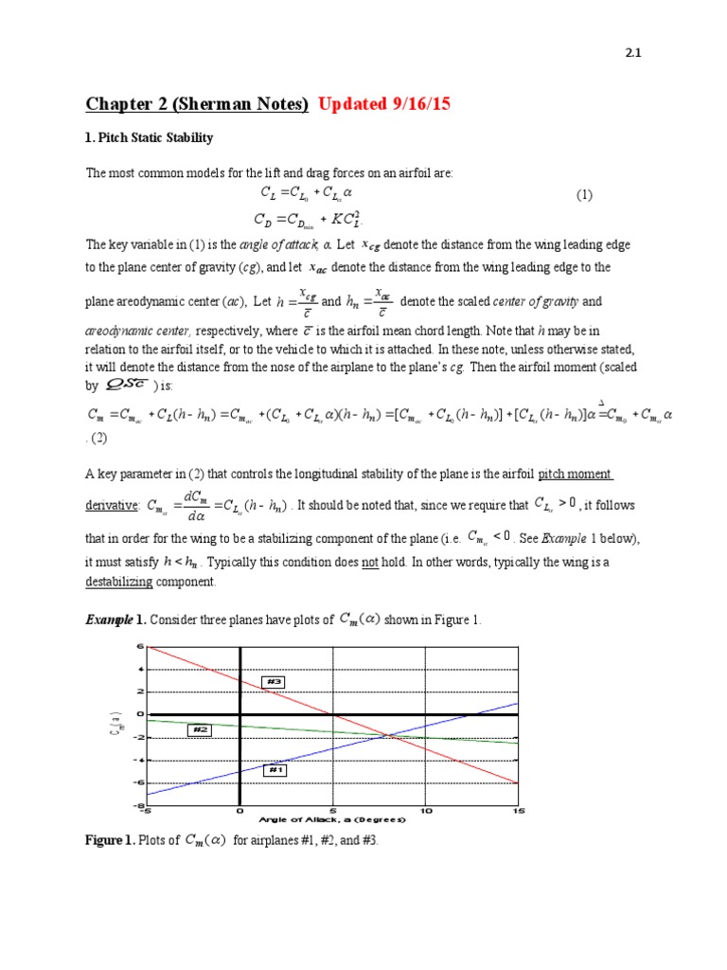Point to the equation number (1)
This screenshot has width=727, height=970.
(x=584, y=195)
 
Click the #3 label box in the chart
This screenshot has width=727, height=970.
(x=275, y=681)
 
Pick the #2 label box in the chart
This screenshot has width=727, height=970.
(x=199, y=729)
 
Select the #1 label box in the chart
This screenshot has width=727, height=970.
(x=276, y=770)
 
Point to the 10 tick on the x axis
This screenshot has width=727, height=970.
(x=425, y=811)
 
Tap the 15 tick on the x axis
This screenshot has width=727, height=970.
(x=517, y=811)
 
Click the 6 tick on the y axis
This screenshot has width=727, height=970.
(x=139, y=647)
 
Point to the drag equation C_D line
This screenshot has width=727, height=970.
(x=312, y=222)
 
